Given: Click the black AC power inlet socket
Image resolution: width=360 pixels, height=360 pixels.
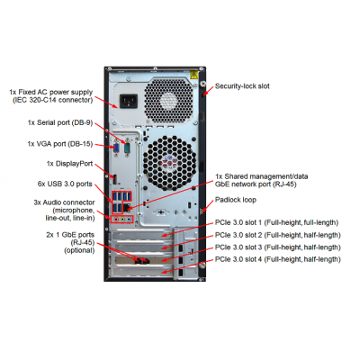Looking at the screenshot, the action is pos(129,101).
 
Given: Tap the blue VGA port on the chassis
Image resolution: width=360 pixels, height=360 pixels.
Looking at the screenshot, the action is pos(116,148).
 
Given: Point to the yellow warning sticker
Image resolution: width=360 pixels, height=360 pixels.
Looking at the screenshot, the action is pos(193,75).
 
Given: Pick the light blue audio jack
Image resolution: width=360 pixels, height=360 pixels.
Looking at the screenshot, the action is pos(129,220).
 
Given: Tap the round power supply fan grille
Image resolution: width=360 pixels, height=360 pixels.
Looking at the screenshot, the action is pos(168,101).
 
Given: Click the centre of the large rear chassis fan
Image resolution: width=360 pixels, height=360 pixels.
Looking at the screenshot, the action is pos(170,163).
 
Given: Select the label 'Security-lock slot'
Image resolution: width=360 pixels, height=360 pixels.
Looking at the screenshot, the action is pos(242,86).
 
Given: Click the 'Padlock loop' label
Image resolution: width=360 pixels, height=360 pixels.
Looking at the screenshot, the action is pos(236,200).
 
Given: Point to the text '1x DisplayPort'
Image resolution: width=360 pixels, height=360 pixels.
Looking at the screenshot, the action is pos(69,164).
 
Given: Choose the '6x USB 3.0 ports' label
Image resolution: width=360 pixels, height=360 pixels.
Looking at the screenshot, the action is pos(65,184).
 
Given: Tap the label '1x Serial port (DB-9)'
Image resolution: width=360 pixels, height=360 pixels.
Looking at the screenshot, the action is pos(60,122).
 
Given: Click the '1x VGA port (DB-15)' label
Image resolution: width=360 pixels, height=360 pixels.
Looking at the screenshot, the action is pos(60,144).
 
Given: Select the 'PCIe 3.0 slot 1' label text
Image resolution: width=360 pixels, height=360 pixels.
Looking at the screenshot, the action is pos(238,222).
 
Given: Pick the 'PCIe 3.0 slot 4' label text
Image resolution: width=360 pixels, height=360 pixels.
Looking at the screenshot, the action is pos(238,259).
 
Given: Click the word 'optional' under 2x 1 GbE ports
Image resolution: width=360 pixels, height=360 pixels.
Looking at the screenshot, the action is pos(79,250).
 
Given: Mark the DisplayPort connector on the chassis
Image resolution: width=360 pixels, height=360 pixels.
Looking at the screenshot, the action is pos(114,179).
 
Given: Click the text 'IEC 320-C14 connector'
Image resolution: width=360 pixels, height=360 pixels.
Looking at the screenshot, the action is pos(52,100).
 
